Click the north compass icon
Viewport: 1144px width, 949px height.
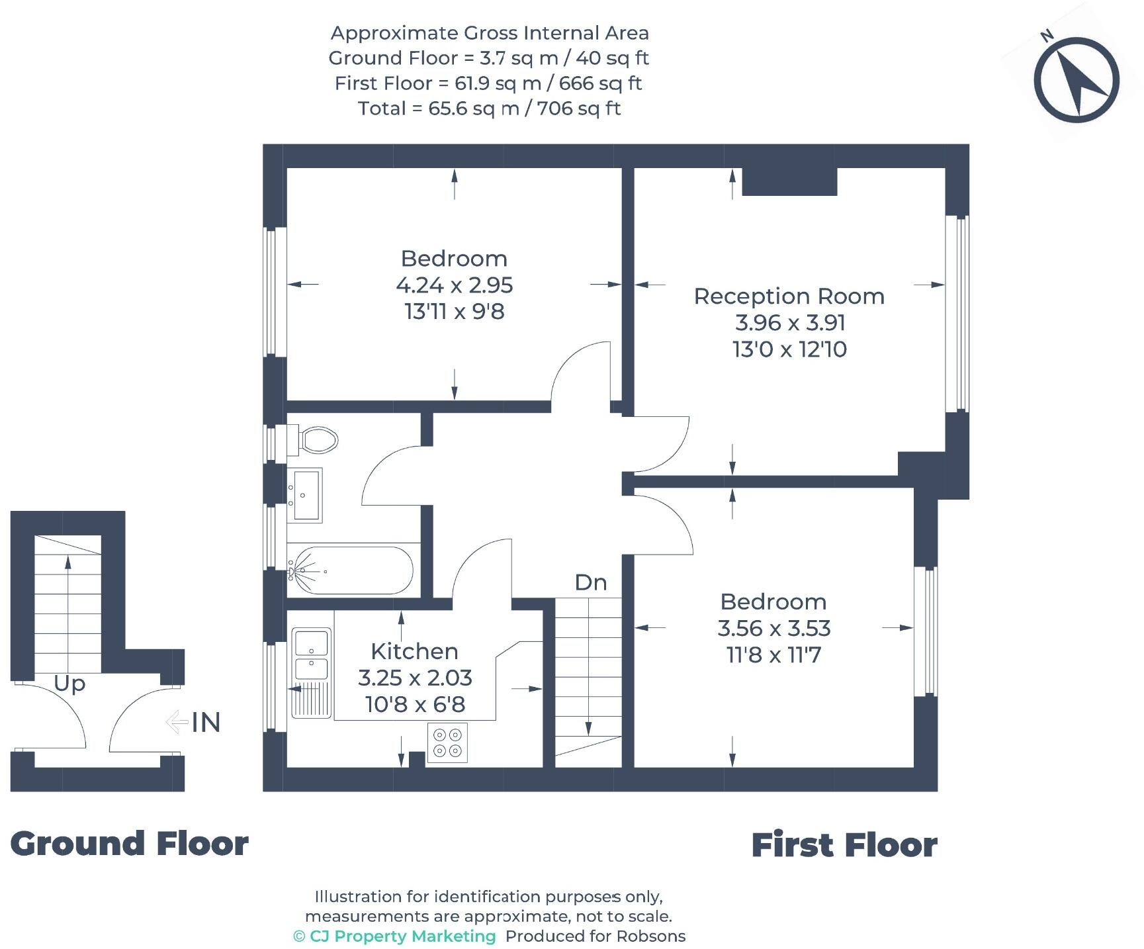[1076, 79]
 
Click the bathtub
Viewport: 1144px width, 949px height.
[351, 570]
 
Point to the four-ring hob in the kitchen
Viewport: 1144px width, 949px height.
[447, 743]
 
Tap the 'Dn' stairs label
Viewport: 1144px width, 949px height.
[591, 582]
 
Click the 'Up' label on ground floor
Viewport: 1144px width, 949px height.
[69, 684]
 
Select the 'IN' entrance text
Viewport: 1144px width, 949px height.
[206, 722]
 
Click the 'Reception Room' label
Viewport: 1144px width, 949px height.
[789, 296]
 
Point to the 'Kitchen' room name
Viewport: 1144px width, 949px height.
[415, 651]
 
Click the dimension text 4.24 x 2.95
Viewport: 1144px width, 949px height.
[455, 285]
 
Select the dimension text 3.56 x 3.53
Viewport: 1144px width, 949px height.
[774, 628]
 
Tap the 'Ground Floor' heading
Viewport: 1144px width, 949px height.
[130, 844]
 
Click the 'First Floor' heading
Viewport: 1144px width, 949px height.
[844, 845]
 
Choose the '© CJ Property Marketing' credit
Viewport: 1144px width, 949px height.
[394, 936]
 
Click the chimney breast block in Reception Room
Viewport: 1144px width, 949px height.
[789, 181]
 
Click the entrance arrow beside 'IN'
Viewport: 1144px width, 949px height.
[177, 722]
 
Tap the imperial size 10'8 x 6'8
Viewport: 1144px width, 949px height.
[415, 704]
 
